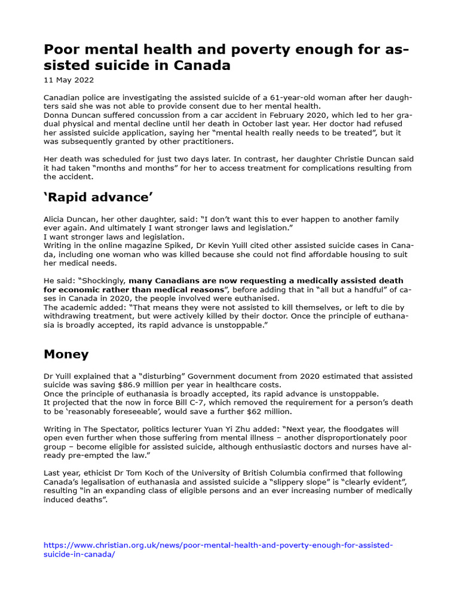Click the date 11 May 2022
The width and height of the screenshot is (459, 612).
(69, 80)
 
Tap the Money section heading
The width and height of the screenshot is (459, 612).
(66, 354)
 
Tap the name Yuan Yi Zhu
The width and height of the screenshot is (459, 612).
(230, 429)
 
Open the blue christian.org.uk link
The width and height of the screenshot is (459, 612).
(219, 545)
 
